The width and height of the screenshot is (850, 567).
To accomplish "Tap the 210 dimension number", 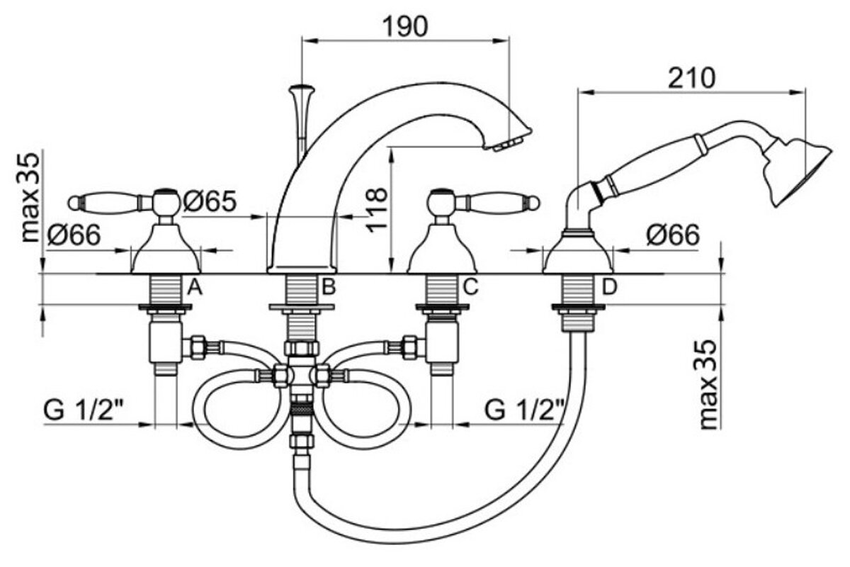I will coord(691,77).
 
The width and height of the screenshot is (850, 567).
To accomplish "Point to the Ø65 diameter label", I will coord(210,202).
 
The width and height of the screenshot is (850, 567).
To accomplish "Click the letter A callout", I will coord(195,287).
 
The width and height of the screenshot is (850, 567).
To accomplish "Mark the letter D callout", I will coord(610,287).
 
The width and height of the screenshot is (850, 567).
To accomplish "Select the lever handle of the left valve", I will coord(106,203).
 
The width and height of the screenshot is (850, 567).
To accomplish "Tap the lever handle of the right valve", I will coord(499,203).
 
